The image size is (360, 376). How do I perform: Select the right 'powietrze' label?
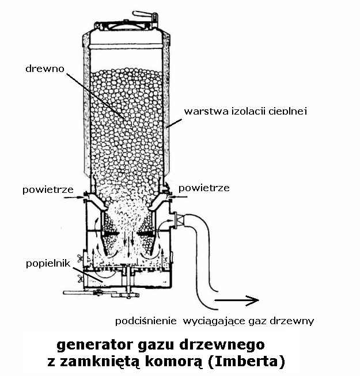point(204,188)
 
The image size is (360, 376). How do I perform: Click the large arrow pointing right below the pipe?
point(236,299)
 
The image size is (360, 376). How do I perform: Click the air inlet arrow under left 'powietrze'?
point(73,197)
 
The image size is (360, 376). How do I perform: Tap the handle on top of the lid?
point(141,13)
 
